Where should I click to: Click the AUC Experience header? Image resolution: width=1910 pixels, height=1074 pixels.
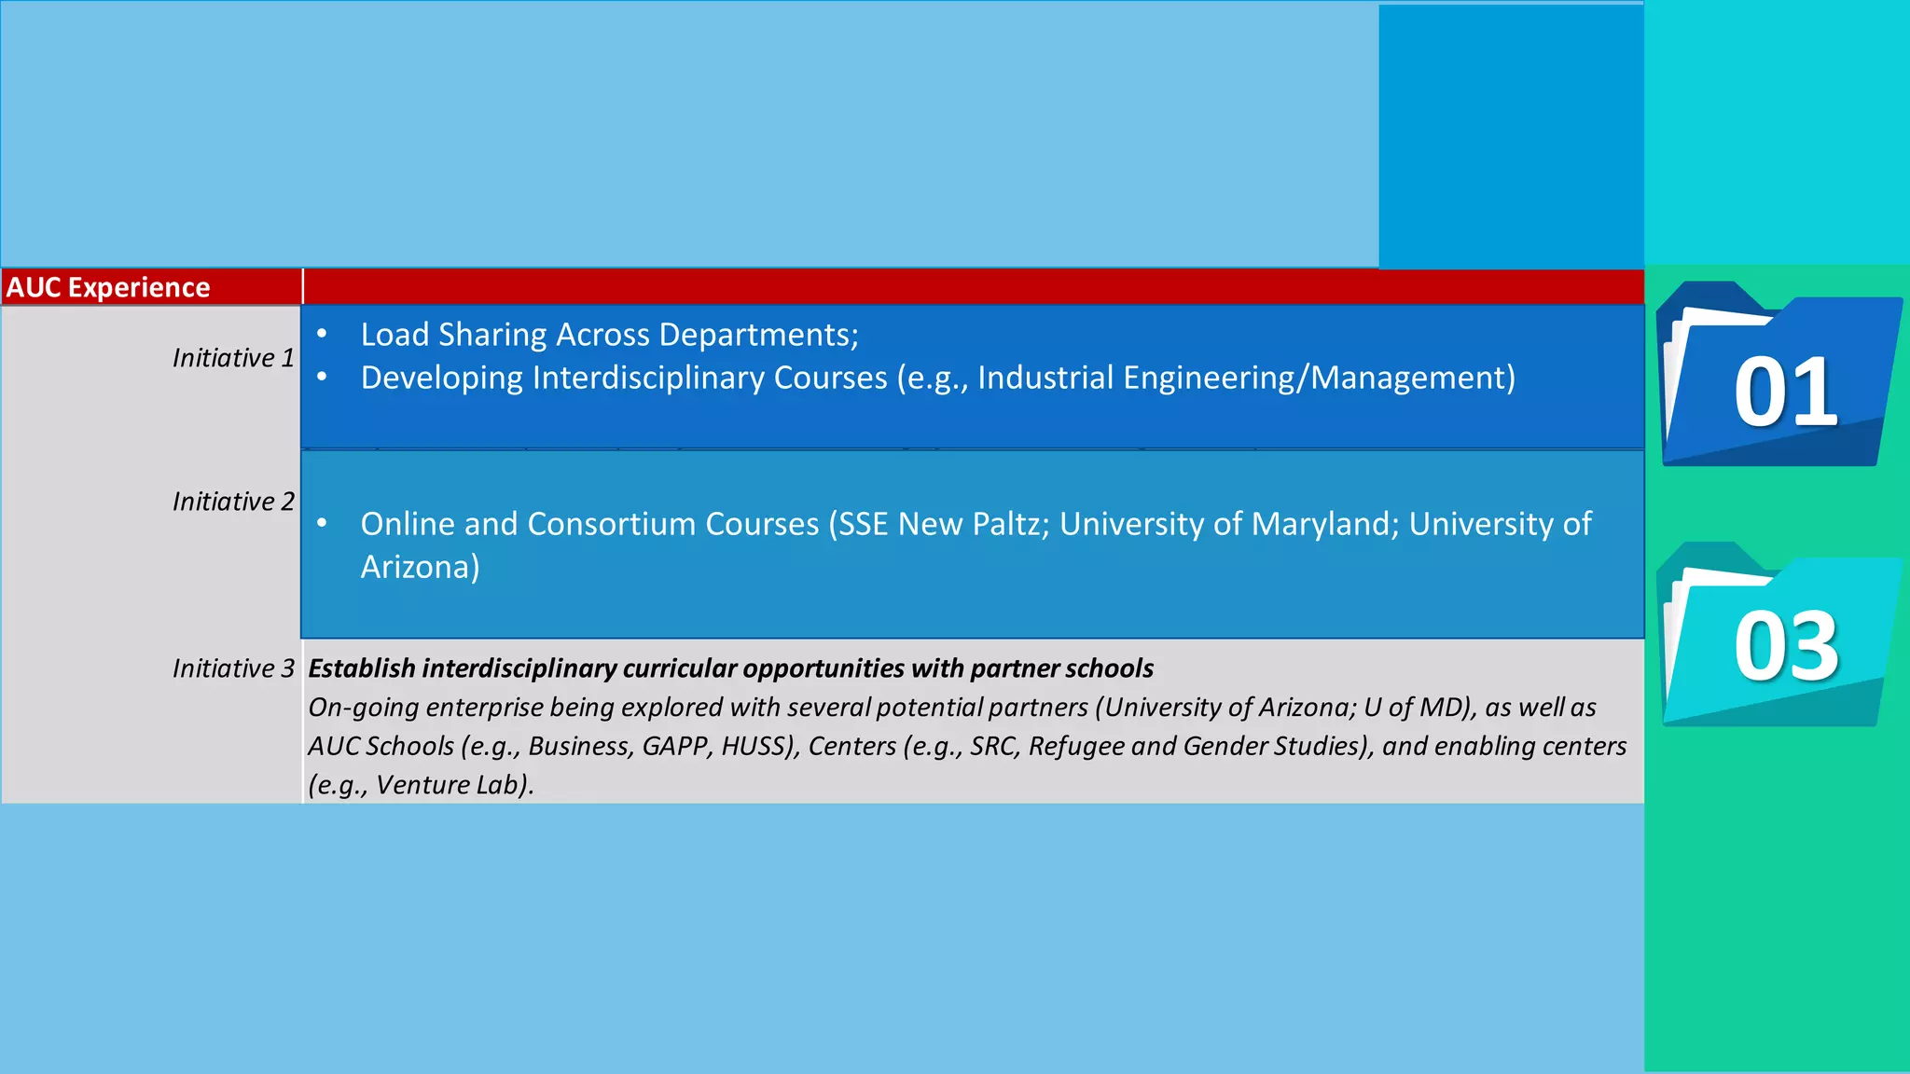pos(108,287)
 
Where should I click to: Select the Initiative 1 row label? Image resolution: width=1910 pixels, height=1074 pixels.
pos(233,358)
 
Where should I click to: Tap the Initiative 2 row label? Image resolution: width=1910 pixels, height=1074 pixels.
pos(233,502)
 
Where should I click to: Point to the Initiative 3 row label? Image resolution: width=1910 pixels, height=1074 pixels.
pos(233,668)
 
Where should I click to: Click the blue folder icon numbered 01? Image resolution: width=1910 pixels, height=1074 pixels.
pos(1779,378)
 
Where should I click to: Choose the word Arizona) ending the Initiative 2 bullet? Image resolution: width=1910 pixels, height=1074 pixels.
pos(421,567)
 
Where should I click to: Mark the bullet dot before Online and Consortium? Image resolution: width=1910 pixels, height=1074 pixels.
pos(322,523)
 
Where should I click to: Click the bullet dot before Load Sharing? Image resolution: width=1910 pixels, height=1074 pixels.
pos(322,334)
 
